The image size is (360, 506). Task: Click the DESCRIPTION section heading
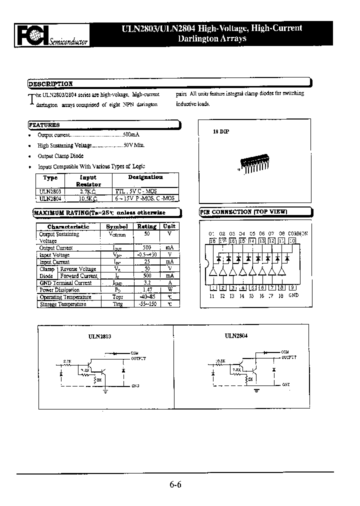pos(50,84)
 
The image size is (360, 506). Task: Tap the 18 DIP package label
pos(220,131)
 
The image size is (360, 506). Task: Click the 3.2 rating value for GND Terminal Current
pos(147,283)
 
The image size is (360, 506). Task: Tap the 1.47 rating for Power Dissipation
pos(147,290)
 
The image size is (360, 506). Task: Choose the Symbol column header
pos(116,226)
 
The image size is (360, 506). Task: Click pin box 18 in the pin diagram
pos(212,241)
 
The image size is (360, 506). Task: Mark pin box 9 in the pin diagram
pos(292,287)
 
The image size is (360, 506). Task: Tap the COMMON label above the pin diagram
pos(298,233)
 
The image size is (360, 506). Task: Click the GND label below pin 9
pos(293,295)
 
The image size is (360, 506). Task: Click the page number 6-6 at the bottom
pos(174,484)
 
